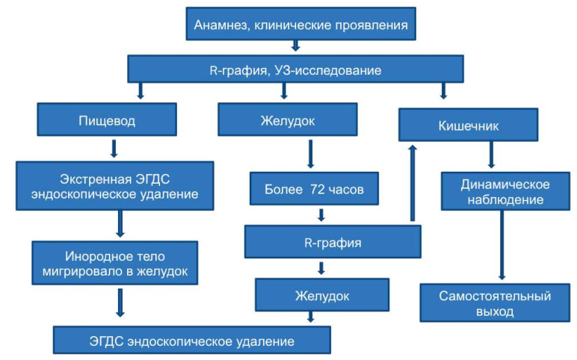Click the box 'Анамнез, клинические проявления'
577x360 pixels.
click(x=300, y=24)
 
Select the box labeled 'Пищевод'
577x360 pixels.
click(x=107, y=120)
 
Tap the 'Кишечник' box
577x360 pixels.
click(x=468, y=125)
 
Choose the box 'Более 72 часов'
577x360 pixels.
click(x=314, y=189)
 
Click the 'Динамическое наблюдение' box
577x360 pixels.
click(x=505, y=191)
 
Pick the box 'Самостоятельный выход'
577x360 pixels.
click(x=495, y=303)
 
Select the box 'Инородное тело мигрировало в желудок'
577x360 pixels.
click(x=115, y=263)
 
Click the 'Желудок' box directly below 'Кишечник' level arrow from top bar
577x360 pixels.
click(x=288, y=120)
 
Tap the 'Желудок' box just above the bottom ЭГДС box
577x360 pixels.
click(x=322, y=295)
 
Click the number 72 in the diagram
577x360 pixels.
click(x=317, y=189)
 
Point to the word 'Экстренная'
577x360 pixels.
click(x=96, y=179)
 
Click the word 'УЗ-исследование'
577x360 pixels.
click(x=328, y=70)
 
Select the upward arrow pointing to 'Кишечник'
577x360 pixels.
click(x=413, y=183)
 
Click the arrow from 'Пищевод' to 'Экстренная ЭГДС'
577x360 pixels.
click(x=114, y=149)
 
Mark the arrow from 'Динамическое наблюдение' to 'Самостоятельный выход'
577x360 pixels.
click(x=502, y=245)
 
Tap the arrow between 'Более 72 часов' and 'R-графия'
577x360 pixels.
click(x=321, y=215)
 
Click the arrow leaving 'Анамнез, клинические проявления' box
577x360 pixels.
click(x=295, y=46)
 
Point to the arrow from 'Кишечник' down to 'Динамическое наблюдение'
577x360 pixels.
click(x=491, y=155)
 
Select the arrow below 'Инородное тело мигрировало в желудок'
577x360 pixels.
click(x=120, y=302)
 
